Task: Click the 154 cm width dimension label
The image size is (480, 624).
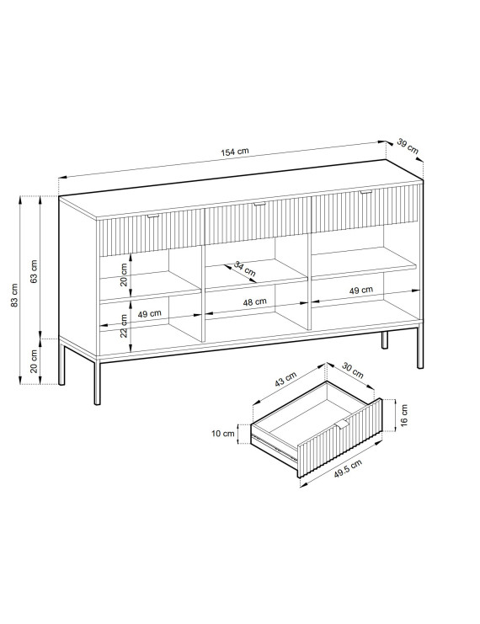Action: [234, 152]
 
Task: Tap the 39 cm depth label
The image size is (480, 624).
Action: [408, 146]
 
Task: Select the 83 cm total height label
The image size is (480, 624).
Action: [14, 296]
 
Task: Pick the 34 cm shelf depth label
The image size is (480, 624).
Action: [244, 269]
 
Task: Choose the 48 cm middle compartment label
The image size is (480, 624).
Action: [254, 302]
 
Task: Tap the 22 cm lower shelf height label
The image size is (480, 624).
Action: [124, 326]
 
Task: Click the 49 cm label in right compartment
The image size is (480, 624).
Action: [361, 291]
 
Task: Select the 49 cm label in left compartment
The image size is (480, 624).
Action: [150, 313]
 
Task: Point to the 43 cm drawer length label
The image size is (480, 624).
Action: [285, 379]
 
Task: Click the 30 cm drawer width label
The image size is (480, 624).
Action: [353, 371]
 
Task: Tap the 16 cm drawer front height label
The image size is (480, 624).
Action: [404, 415]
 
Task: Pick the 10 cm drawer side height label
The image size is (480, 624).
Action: [223, 434]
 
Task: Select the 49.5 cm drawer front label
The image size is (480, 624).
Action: [348, 468]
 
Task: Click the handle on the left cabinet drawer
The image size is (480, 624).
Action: [153, 216]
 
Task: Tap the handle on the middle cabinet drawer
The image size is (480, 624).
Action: [259, 204]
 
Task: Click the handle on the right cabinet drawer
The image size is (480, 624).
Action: [365, 193]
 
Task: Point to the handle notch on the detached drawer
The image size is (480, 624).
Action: [342, 424]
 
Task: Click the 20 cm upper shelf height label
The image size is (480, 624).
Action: [124, 275]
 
